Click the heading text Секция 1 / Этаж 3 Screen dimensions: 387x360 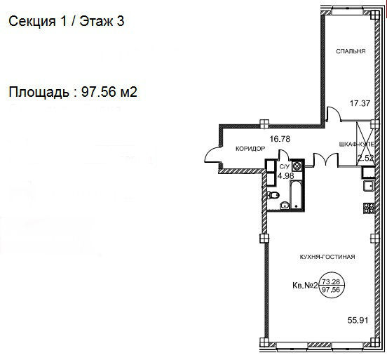pos(67,21)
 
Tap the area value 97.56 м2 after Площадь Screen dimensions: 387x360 pos(109,92)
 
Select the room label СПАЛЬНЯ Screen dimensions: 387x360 pos(351,51)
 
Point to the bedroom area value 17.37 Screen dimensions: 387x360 pos(360,103)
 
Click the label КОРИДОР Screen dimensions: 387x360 pos(250,149)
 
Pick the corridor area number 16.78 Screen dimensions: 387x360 pos(280,139)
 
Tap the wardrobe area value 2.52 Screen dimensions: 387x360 pos(366,158)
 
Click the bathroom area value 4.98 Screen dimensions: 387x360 pos(286,175)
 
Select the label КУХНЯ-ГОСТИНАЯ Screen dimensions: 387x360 pos(327,257)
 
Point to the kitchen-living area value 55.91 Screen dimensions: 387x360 pos(358,321)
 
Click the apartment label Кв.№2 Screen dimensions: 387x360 pos(304,286)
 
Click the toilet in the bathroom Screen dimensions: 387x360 pos(273,195)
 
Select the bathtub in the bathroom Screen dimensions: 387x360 pos(295,194)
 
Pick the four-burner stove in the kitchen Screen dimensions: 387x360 pos(369,208)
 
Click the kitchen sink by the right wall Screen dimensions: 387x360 pos(369,186)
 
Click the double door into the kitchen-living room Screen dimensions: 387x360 pos(325,159)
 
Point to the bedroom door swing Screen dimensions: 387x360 pos(334,114)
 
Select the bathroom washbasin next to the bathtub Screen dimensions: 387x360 pos(285,205)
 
